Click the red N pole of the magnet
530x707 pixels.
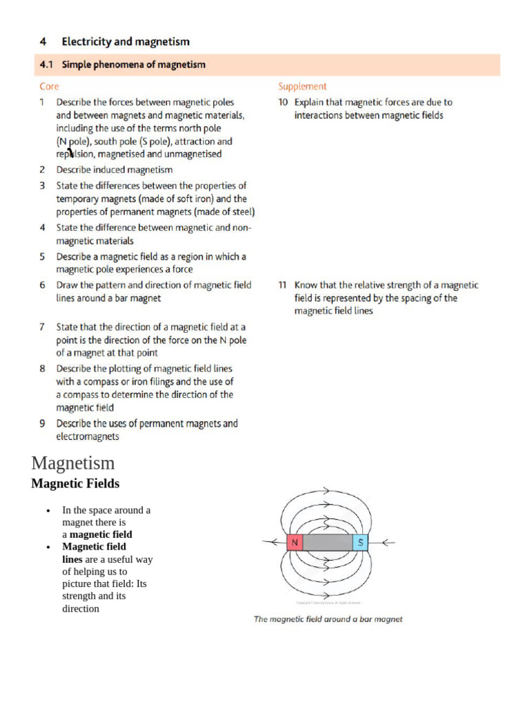coord(295,543)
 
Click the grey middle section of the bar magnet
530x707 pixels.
coord(328,543)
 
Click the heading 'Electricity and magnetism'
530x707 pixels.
coord(126,42)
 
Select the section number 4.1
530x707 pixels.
coord(46,65)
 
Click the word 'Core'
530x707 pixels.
coord(49,86)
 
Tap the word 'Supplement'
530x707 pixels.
coord(302,86)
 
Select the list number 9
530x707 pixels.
coord(43,423)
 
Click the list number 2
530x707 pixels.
coord(43,169)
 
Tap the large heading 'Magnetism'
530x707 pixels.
coord(73,463)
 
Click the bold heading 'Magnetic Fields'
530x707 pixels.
coord(75,483)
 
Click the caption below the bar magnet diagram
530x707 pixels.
coord(328,619)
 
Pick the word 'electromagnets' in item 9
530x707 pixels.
coord(88,436)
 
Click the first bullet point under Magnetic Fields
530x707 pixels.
coord(48,511)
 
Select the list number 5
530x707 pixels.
coord(43,256)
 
